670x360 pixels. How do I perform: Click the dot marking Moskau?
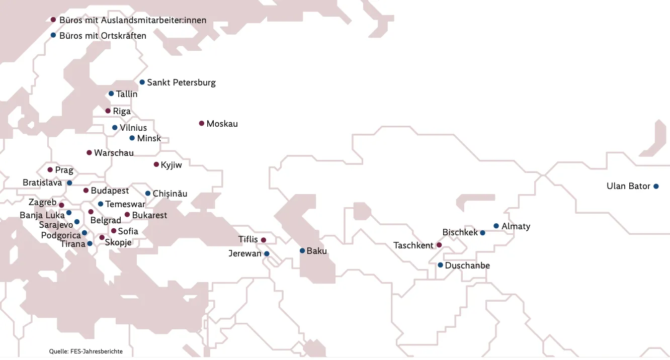[202, 123]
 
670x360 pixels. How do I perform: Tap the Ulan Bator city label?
[628, 186]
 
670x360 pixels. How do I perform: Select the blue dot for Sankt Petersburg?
[142, 82]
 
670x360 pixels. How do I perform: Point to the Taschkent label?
[413, 245]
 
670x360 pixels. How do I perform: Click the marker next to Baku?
[302, 250]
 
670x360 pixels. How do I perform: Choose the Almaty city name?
[516, 226]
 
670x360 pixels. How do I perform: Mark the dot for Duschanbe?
[440, 265]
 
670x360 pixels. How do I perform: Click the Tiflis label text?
[248, 239]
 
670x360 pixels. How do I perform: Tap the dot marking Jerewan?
[267, 254]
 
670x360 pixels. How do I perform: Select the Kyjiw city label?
[171, 164]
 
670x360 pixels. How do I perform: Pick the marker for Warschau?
[89, 152]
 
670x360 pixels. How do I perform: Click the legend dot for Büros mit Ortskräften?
[53, 35]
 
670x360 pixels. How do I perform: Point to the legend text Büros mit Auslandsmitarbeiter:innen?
[133, 20]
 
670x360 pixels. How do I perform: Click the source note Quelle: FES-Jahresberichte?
[86, 351]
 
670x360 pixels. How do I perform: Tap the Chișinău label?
[170, 194]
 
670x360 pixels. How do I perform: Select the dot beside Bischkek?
[482, 233]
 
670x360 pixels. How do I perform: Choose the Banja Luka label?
[42, 215]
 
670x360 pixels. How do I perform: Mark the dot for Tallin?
[111, 94]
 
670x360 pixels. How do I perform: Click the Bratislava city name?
[42, 183]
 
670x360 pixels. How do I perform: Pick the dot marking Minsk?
[132, 138]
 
